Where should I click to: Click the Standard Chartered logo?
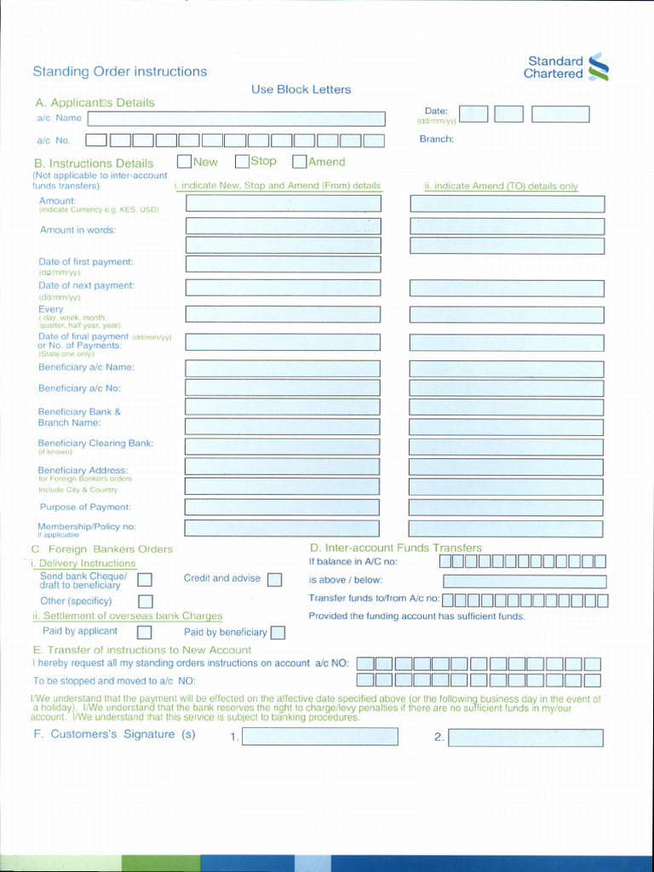567,67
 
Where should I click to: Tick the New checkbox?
184,161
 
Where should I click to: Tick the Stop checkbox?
242,161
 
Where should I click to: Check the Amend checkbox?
299,161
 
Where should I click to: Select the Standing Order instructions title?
119,72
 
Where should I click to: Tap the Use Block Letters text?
301,89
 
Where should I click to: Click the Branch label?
436,139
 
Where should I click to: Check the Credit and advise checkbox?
274,580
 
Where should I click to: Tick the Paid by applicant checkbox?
145,632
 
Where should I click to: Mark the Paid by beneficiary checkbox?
278,633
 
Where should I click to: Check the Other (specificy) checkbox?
145,601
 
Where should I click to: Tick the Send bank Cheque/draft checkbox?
145,580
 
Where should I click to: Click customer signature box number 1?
319,737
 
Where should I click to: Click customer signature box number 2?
525,737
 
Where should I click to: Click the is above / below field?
525,581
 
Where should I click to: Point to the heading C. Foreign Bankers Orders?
101,549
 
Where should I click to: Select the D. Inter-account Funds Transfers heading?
395,548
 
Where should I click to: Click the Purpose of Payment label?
85,507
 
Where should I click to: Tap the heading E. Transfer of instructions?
141,650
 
